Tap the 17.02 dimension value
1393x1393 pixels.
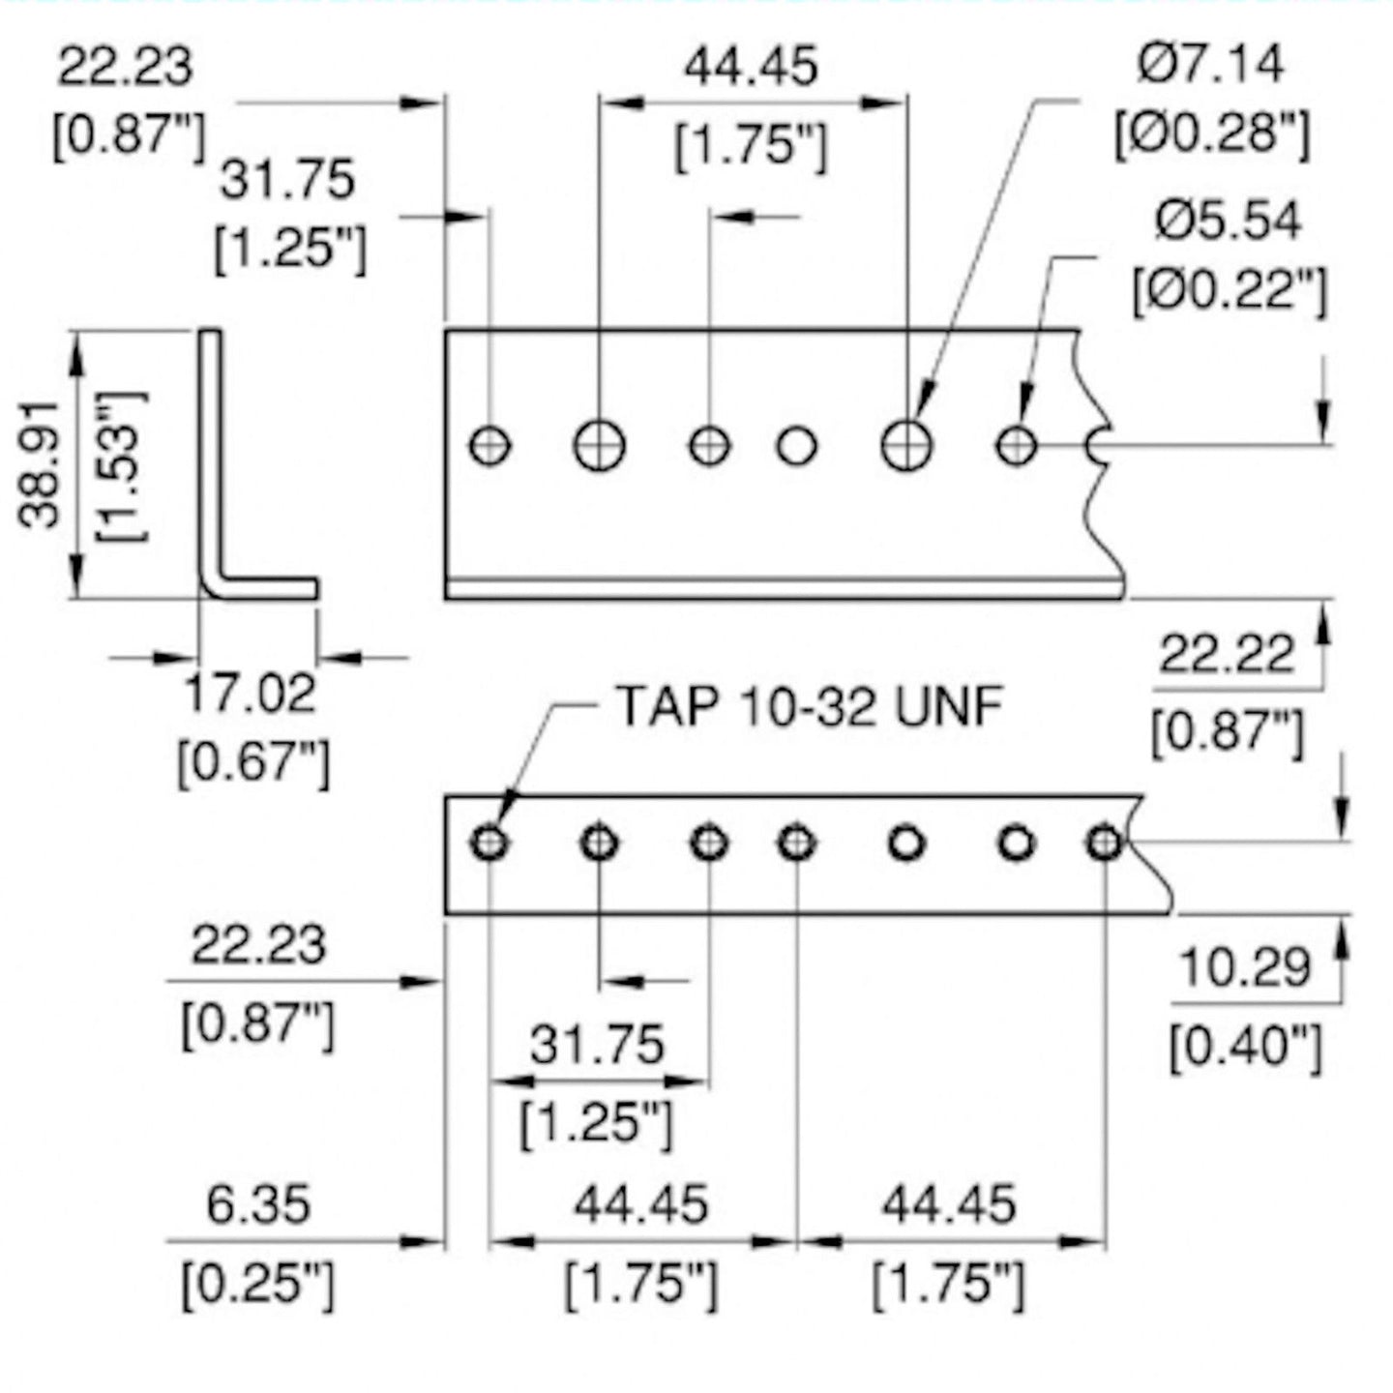pos(250,695)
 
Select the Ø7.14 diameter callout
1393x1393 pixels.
pos(1211,64)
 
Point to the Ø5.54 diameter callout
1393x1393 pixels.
pos(1229,221)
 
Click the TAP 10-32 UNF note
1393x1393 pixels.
pos(809,706)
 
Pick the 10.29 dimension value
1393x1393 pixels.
pos(1245,967)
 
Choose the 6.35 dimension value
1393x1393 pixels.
pos(258,1205)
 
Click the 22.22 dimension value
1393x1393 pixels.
pos(1227,655)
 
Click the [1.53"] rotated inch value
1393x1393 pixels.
pos(123,464)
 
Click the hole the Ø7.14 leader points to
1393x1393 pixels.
pos(906,445)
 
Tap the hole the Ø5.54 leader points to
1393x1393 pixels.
pos(1016,446)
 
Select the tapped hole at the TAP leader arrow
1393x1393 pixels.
pos(489,843)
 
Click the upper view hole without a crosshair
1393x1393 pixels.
pos(797,446)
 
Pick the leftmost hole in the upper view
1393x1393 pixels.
pos(490,446)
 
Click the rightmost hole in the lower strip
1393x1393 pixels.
pos(1104,843)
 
